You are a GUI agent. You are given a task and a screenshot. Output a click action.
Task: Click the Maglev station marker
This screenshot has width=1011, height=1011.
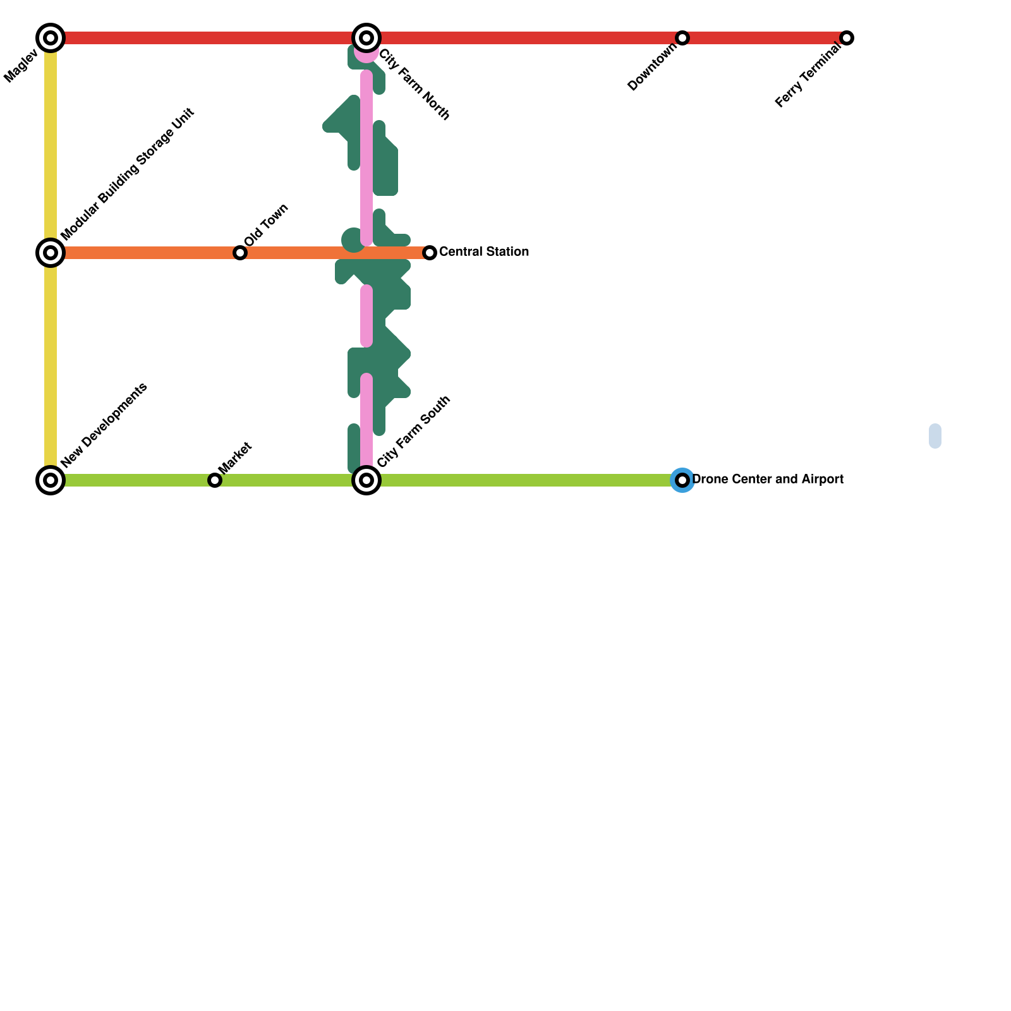51,38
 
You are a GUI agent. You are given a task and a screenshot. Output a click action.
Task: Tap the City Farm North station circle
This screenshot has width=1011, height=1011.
366,38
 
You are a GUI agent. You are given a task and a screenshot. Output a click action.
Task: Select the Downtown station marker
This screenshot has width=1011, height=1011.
682,38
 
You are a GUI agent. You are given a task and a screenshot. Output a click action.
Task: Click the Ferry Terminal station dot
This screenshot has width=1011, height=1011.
847,38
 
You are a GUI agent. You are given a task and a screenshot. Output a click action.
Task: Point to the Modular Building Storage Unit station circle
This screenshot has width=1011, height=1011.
51,253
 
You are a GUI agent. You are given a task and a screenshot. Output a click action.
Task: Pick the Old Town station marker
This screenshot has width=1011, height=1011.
240,253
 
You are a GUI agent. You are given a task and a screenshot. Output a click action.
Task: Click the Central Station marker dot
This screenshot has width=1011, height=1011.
430,253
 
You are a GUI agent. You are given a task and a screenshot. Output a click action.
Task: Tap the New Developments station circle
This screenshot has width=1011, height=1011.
51,480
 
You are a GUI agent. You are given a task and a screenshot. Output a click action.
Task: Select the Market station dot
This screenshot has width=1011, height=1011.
215,480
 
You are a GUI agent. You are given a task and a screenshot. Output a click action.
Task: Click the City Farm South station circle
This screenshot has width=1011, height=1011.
366,480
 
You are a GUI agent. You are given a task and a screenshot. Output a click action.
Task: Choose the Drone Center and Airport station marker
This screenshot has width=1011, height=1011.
682,480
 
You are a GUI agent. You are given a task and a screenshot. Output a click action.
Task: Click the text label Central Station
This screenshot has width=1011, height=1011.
483,252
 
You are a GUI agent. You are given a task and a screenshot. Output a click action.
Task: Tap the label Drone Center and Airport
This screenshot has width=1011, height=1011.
768,480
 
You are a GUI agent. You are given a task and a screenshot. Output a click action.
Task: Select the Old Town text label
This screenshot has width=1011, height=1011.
266,225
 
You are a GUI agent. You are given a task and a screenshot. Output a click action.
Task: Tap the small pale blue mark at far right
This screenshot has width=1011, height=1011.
935,436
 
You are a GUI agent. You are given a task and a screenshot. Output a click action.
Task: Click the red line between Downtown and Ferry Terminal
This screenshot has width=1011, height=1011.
765,38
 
